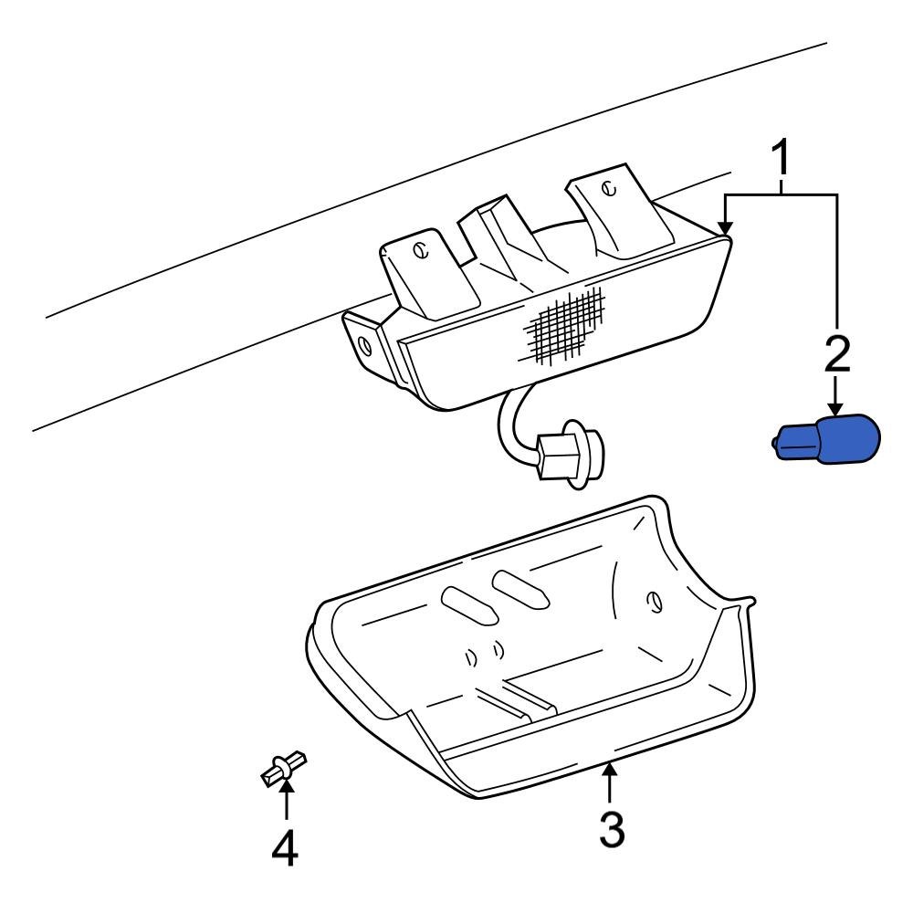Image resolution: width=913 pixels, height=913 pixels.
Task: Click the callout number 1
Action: coord(782,162)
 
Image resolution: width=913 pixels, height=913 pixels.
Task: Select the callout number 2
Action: coord(837,354)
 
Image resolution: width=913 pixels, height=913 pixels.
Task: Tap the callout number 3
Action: coord(611,829)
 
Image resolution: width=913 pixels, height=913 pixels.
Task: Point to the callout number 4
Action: coord(285,848)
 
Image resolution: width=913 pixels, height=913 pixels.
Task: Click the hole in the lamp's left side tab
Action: coord(365,345)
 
